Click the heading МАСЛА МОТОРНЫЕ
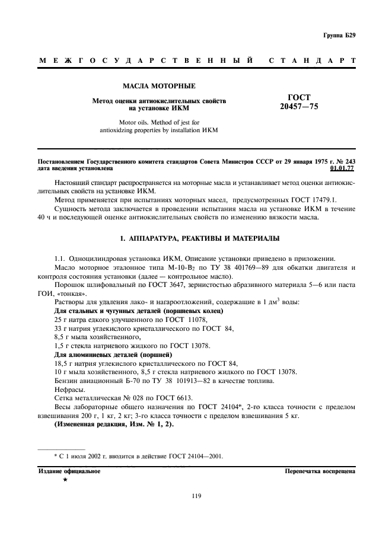pos(158,87)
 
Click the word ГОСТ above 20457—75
pos(299,97)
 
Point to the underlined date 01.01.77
pos(343,168)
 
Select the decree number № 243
pos(346,161)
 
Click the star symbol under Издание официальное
pos(65,480)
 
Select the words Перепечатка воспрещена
pos(320,471)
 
